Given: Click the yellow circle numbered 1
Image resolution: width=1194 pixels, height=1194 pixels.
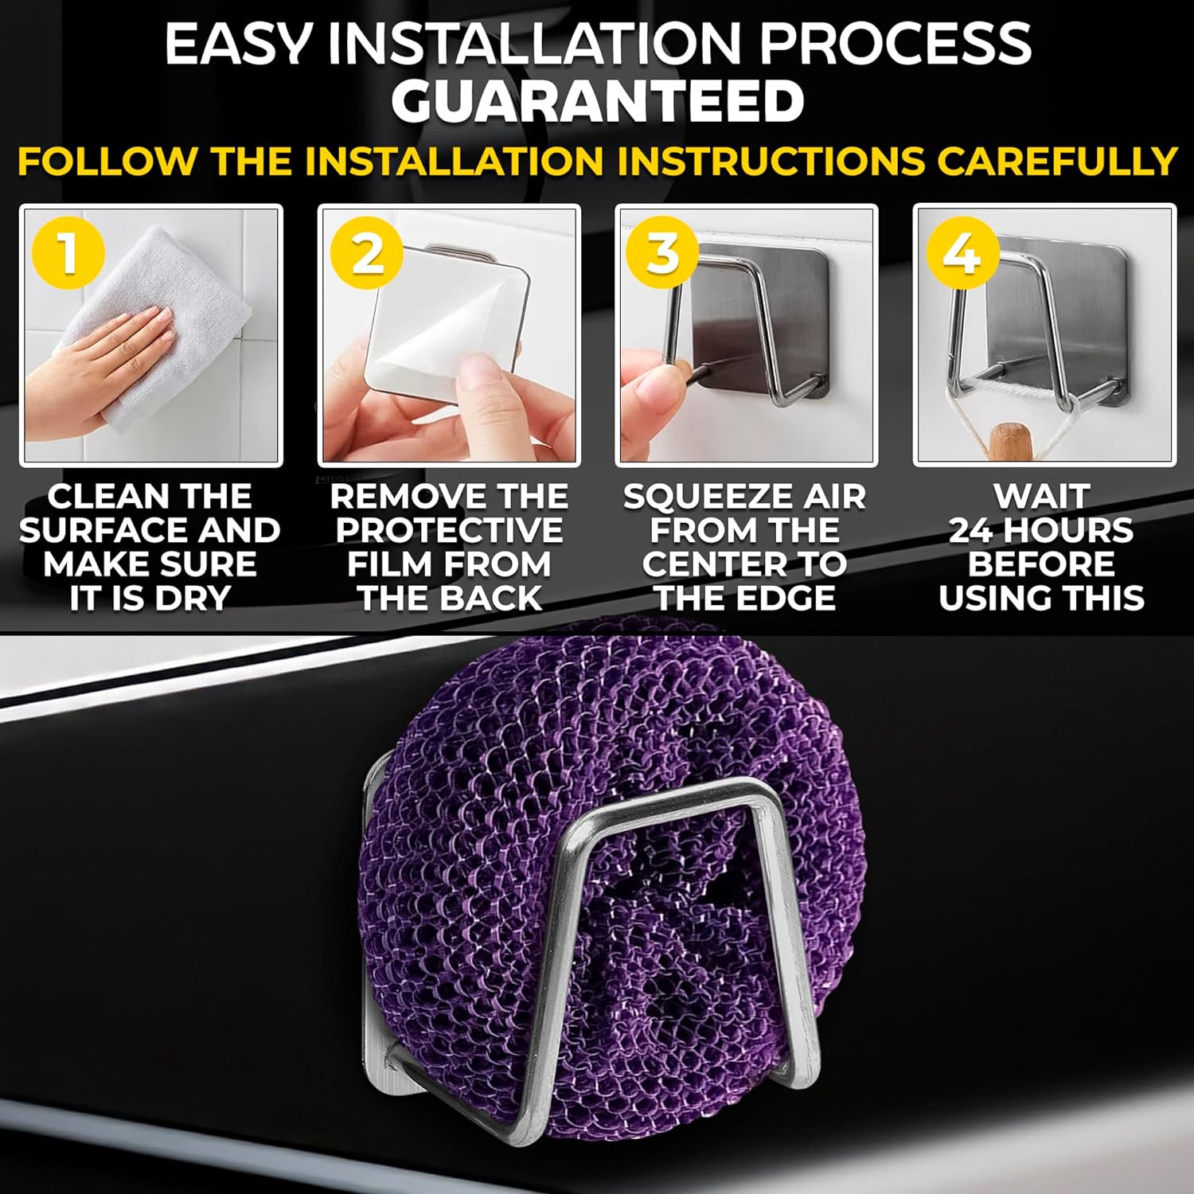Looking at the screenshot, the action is [68, 253].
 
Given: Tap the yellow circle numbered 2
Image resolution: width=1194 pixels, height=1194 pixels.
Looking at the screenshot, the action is [367, 253].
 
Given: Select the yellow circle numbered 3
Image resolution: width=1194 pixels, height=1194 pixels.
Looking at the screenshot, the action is [663, 253].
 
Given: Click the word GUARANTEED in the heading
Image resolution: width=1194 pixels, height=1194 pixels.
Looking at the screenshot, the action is [597, 102].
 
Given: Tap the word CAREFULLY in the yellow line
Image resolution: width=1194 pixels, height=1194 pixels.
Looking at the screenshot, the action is [1056, 161].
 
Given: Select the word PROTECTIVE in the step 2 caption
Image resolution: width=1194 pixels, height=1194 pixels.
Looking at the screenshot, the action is [449, 530].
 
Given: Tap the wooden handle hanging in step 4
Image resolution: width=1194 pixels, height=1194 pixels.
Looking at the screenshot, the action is [1007, 442].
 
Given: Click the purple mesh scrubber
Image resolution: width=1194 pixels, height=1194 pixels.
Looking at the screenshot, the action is [585, 876].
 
